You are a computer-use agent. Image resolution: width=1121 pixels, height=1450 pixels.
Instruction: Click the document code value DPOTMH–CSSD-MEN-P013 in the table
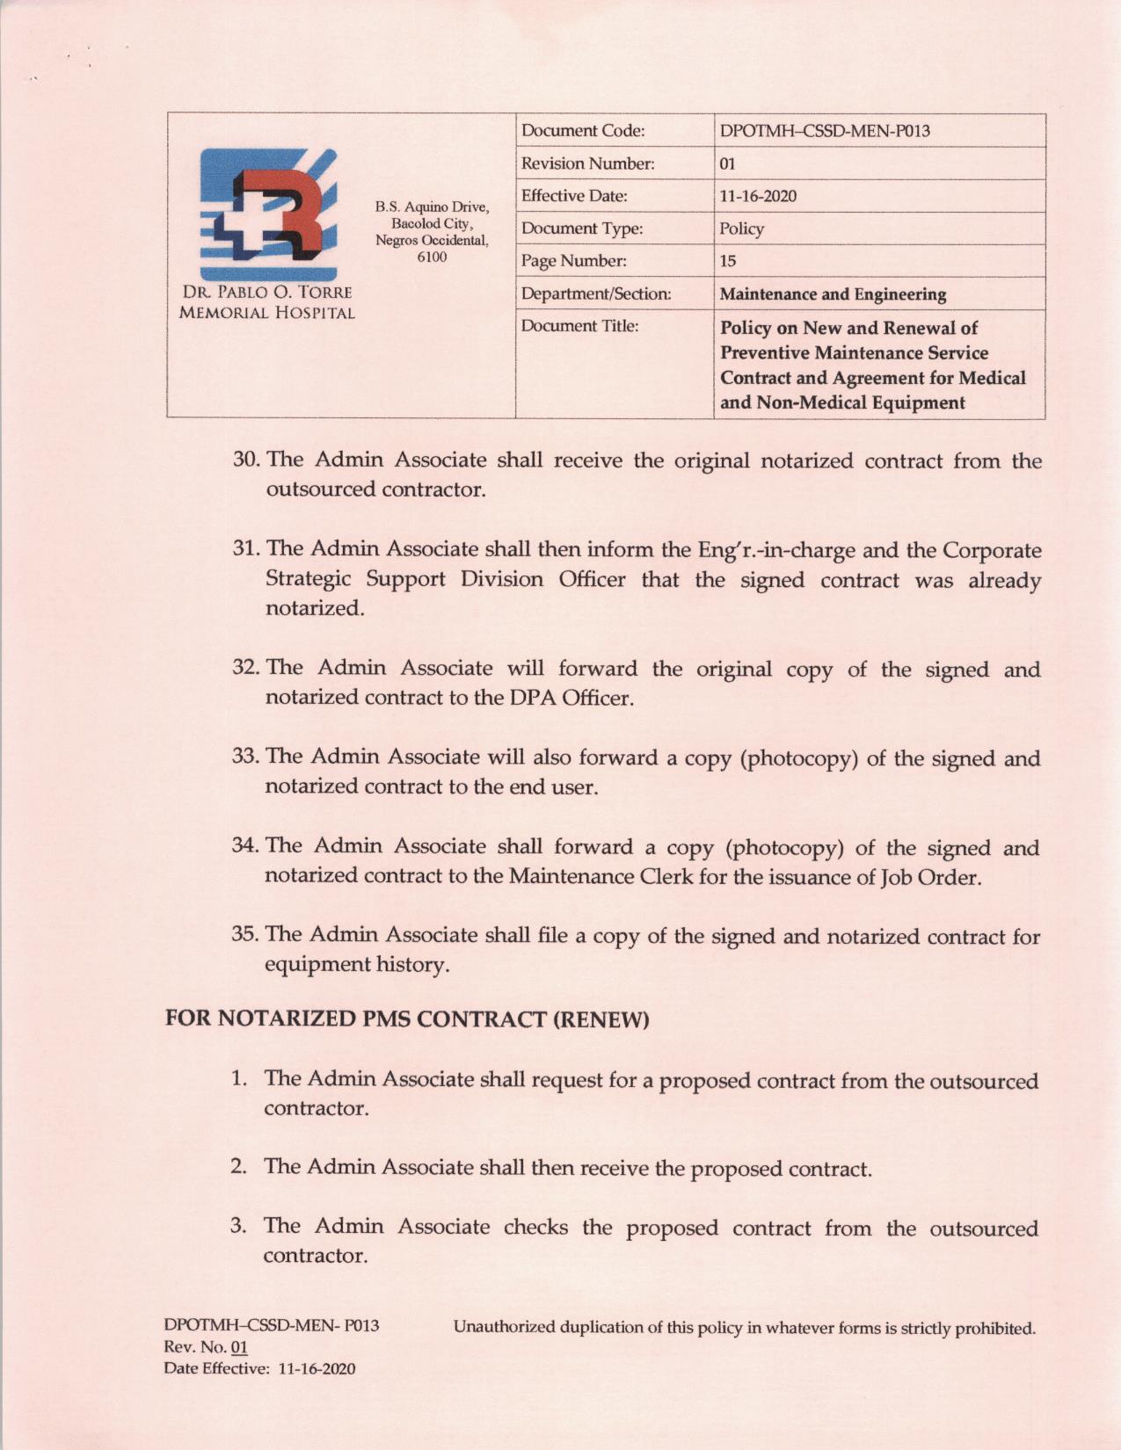pos(824,131)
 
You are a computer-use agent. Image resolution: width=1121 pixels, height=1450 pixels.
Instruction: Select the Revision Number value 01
pos(727,163)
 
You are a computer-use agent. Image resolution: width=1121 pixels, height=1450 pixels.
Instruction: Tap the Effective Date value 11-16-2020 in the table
pos(757,196)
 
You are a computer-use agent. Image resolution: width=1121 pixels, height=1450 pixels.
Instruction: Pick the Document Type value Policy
pos(741,228)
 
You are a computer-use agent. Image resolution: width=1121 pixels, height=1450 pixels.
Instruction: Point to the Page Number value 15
pos(727,261)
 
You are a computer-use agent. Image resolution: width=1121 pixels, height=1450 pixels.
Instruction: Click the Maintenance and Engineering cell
pos(833,294)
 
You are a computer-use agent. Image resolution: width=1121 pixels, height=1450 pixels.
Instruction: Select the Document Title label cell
pos(579,326)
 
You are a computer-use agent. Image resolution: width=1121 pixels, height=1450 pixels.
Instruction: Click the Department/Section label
pos(595,294)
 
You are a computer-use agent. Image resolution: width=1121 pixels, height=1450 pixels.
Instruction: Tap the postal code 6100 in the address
pos(432,257)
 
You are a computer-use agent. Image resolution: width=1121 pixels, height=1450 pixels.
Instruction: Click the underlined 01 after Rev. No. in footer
pos(238,1348)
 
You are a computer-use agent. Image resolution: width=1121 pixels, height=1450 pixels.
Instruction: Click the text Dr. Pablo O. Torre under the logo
pos(267,293)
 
